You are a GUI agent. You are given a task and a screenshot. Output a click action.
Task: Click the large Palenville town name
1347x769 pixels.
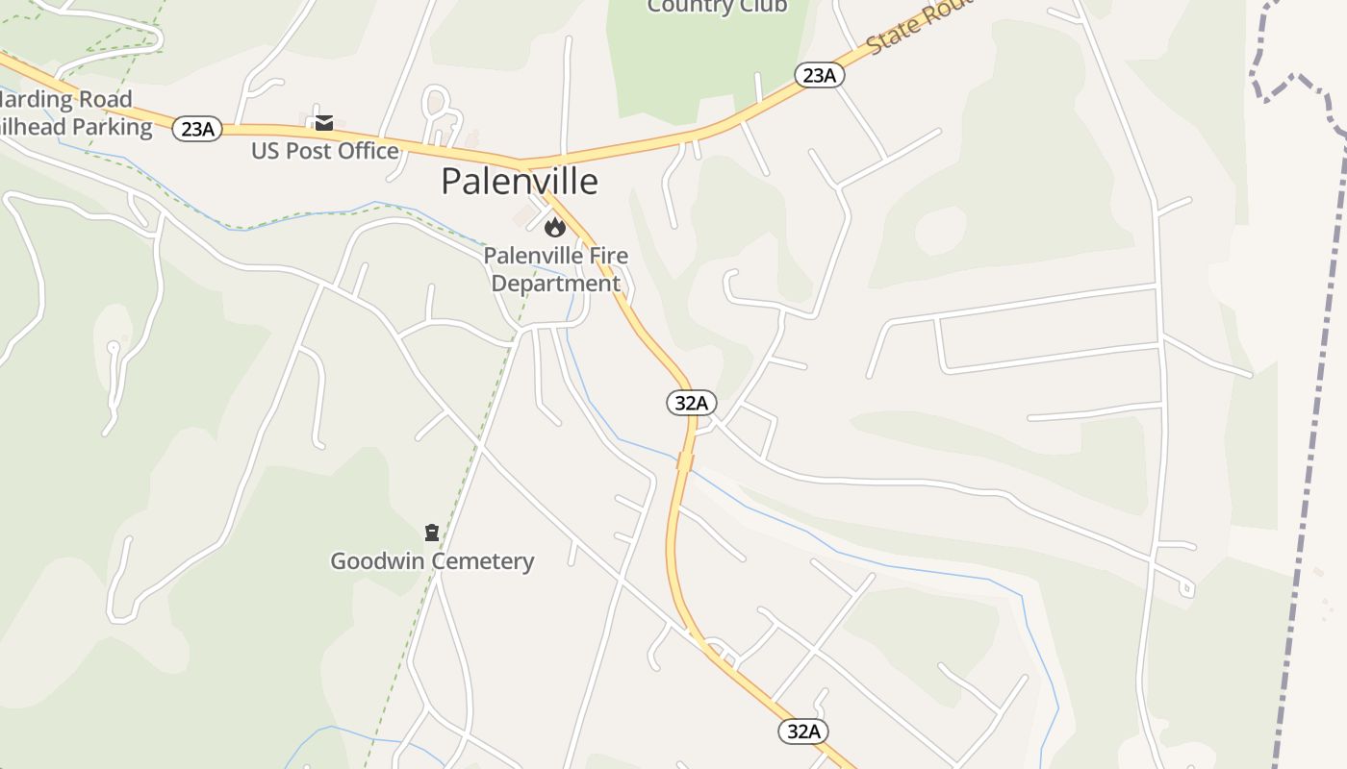(x=520, y=181)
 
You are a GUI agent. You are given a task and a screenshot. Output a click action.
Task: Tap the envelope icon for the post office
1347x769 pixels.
(x=324, y=122)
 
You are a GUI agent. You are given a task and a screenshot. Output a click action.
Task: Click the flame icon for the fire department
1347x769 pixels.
(x=555, y=227)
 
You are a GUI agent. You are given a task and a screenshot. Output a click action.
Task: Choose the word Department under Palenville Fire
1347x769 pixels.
(x=556, y=284)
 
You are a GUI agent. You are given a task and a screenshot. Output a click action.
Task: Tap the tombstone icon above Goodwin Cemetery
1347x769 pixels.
(x=432, y=532)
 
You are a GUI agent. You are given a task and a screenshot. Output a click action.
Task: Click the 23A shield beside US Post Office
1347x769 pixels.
(x=197, y=128)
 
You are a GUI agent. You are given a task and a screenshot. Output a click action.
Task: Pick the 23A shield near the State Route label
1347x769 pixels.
(x=819, y=75)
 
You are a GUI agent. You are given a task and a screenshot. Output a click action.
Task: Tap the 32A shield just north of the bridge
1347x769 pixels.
(x=691, y=403)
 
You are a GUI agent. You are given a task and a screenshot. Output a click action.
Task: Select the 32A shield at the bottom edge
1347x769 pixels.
(x=802, y=731)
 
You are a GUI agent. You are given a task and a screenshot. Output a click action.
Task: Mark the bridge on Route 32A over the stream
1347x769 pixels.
(x=685, y=462)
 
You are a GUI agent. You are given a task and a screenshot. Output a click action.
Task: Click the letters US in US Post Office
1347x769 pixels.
(x=265, y=151)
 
